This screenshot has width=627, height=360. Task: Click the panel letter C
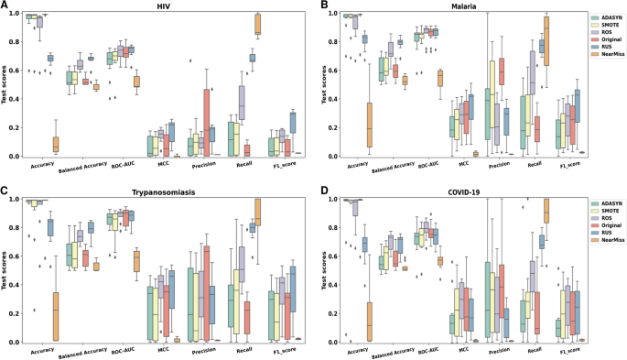point(5,191)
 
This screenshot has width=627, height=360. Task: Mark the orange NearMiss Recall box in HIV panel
point(258,25)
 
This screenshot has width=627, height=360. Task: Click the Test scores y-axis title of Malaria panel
point(307,85)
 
